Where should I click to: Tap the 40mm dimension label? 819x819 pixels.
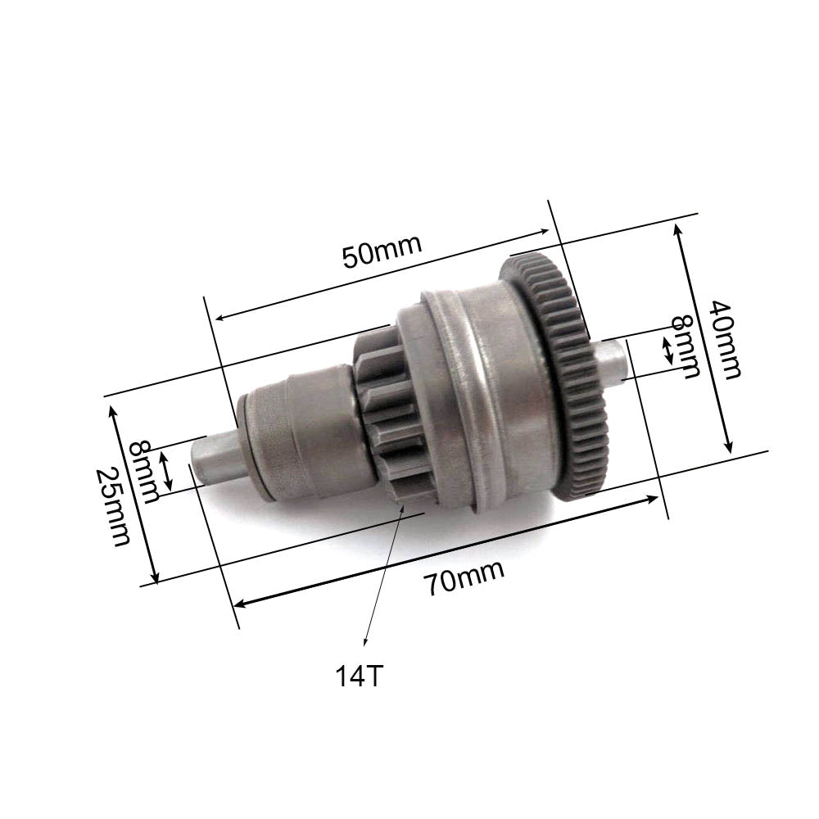pos(725,339)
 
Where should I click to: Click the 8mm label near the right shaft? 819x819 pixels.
pos(686,346)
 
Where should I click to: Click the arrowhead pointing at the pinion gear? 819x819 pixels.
pos(403,509)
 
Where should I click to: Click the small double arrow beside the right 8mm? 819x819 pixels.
pos(668,352)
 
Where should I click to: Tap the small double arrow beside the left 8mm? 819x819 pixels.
pos(166,473)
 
